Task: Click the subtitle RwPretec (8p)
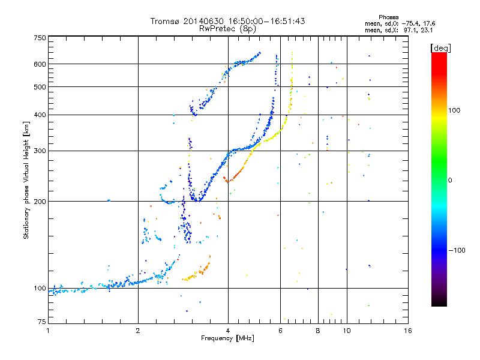tap(227, 29)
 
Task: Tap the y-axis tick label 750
tap(40, 38)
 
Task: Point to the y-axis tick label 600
tap(40, 64)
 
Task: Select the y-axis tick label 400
tap(40, 115)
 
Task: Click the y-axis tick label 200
tap(40, 201)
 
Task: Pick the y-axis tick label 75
tap(42, 322)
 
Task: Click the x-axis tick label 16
tap(407, 331)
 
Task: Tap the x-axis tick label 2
tap(138, 331)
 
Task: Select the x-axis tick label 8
tap(318, 331)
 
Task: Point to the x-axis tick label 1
tap(48, 331)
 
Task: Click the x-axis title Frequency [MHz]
tap(227, 338)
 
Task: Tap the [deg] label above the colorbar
tap(440, 48)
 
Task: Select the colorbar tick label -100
tap(457, 250)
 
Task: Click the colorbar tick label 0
tap(449, 180)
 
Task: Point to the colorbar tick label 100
tap(454, 110)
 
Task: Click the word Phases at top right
tap(388, 17)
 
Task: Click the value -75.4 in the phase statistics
tap(410, 23)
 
